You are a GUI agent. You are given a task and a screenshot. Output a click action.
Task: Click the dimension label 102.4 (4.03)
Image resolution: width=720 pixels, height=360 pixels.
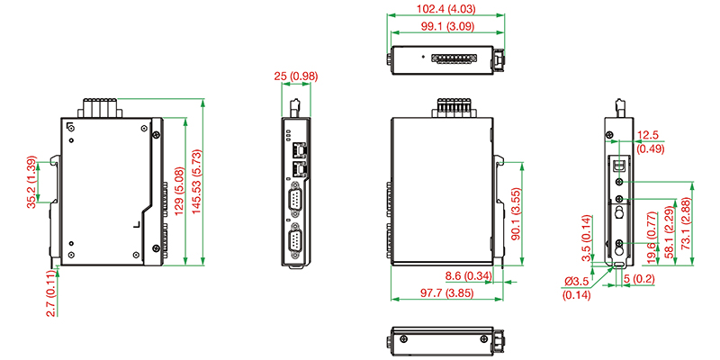pyautogui.click(x=445, y=8)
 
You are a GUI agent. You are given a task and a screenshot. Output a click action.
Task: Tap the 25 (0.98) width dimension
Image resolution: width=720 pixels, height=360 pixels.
pyautogui.click(x=296, y=76)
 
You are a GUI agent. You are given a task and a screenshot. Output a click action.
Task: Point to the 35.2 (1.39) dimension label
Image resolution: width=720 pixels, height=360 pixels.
pyautogui.click(x=31, y=182)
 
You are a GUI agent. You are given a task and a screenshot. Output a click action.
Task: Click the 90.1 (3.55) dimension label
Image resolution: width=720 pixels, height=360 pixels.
pyautogui.click(x=516, y=214)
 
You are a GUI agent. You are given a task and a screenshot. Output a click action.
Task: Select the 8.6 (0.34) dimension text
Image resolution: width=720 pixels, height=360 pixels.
pyautogui.click(x=469, y=276)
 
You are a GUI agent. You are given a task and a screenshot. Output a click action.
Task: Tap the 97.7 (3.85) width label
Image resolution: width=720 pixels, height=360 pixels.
pyautogui.click(x=446, y=293)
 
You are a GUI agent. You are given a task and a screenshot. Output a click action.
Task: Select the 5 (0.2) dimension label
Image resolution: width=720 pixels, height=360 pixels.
pyautogui.click(x=640, y=279)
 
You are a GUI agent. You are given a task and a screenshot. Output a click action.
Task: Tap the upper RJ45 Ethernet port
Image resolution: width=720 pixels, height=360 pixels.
pyautogui.click(x=299, y=149)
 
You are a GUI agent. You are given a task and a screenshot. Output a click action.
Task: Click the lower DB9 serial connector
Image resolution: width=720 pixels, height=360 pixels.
pyautogui.click(x=295, y=240)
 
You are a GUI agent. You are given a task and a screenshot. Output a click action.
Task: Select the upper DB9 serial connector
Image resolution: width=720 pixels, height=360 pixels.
pyautogui.click(x=295, y=201)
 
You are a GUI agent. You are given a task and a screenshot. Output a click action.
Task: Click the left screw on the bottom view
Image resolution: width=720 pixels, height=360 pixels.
pyautogui.click(x=403, y=338)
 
